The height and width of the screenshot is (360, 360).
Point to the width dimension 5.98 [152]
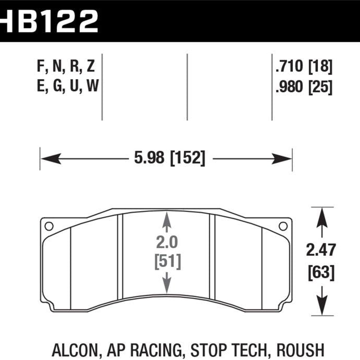[x=167, y=157]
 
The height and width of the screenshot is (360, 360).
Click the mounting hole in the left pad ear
[x=49, y=226]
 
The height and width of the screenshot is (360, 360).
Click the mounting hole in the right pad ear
[x=283, y=226]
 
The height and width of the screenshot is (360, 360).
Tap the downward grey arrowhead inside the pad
[x=167, y=287]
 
